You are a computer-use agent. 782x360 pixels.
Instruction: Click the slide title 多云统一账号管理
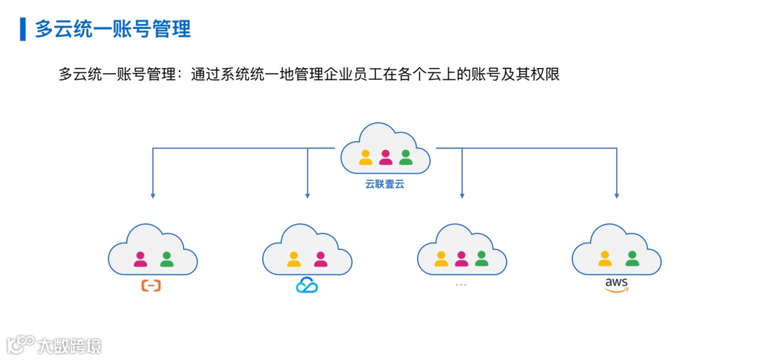(113, 29)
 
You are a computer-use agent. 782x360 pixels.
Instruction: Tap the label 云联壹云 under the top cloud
(384, 185)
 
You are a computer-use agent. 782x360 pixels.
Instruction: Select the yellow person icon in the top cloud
(366, 156)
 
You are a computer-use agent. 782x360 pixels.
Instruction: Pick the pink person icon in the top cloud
(385, 156)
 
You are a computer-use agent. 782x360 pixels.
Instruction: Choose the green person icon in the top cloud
(405, 156)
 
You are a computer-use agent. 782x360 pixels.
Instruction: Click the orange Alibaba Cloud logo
(151, 286)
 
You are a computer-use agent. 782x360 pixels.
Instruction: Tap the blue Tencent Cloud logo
(307, 286)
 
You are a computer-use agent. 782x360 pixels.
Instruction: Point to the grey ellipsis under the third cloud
(461, 285)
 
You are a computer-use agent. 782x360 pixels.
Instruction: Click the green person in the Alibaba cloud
(167, 258)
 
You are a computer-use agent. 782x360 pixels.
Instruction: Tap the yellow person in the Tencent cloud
(294, 258)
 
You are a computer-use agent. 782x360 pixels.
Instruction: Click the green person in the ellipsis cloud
(482, 258)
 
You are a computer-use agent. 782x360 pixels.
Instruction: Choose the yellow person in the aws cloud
(605, 258)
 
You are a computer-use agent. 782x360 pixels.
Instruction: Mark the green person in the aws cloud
(631, 258)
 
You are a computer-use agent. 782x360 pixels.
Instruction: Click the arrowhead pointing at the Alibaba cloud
(152, 195)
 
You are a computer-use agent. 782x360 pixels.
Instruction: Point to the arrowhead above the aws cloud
(617, 195)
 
